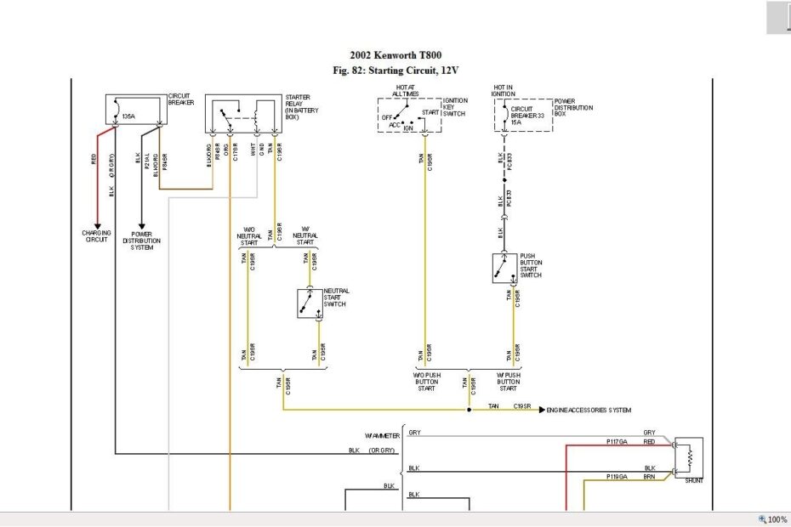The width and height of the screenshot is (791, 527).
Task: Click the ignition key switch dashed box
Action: coord(408,114)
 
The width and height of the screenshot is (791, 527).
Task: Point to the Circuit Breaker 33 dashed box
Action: coord(523,114)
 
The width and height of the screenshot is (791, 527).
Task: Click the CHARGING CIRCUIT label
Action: coord(97,235)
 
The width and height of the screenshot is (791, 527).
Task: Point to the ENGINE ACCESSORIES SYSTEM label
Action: coord(589,410)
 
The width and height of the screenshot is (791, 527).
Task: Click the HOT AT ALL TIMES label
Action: coord(405,90)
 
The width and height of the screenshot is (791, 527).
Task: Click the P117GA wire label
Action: coord(617,442)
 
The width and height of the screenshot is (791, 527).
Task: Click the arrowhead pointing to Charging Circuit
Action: coord(97,223)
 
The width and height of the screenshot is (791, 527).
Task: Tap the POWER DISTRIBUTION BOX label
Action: coord(573,108)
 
